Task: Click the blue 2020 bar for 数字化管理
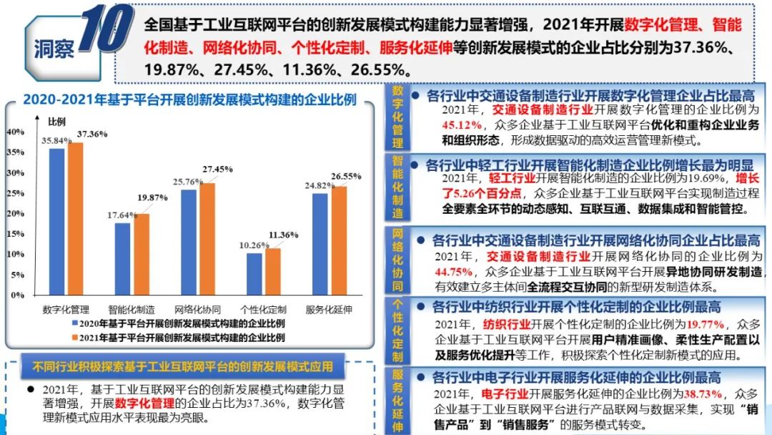pyautogui.click(x=56, y=221)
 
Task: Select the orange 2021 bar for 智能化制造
pyautogui.click(x=142, y=254)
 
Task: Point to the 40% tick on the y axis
pyautogui.click(x=15, y=132)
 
